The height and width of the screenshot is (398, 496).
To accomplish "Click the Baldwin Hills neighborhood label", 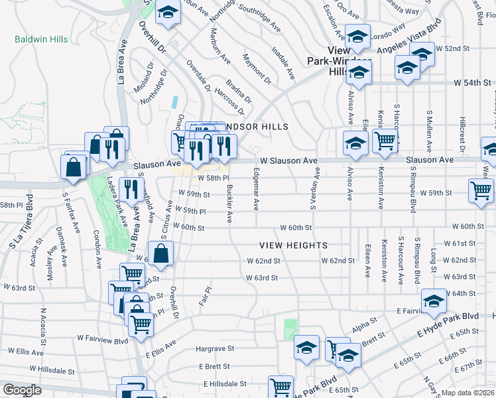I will coord(41,40).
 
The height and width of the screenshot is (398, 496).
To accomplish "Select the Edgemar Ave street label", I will coord(255,190).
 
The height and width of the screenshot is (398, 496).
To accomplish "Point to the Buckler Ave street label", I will coord(229,203).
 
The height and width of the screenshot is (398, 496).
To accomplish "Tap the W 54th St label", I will coord(471,83).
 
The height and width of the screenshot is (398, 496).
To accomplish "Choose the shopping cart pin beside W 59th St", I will coord(481,191).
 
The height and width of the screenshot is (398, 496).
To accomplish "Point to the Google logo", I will coord(21,390).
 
